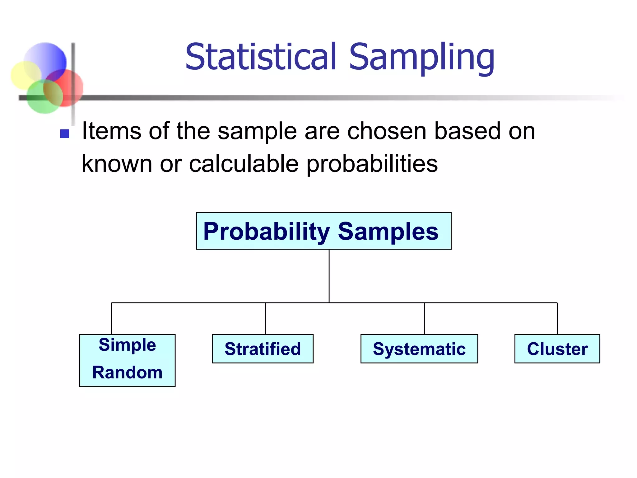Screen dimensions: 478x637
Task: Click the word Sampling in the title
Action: coord(421,58)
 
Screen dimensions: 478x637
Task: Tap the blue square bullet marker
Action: coord(64,134)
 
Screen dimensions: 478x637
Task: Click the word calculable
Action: coord(244,164)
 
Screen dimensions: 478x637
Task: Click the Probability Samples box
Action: coord(323,231)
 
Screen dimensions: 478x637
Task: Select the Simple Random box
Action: coord(127,360)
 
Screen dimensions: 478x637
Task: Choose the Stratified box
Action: coord(263,349)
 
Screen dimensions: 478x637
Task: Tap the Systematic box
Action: coord(419,349)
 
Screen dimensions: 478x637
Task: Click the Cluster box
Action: coord(557,349)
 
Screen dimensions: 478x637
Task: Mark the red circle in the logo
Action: coord(70,86)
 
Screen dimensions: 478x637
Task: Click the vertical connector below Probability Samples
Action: coord(329,275)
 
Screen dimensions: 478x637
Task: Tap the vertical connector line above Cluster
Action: coord(557,318)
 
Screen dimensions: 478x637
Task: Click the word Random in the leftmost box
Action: coord(127,373)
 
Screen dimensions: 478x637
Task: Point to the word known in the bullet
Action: coord(117,164)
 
